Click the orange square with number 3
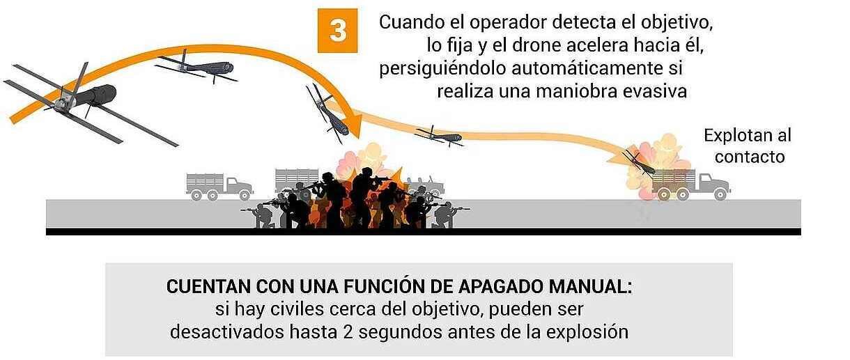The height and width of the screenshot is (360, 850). pyautogui.click(x=337, y=31)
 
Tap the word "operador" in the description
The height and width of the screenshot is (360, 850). pyautogui.click(x=507, y=22)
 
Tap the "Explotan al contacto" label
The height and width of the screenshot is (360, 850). pyautogui.click(x=748, y=146)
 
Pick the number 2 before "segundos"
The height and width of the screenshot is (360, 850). pyautogui.click(x=348, y=332)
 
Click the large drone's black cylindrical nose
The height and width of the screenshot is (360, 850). pyautogui.click(x=102, y=93)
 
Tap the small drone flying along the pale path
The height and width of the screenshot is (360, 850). pyautogui.click(x=440, y=136)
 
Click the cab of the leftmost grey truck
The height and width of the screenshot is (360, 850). pyautogui.click(x=238, y=186)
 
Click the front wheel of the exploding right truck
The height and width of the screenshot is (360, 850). pyautogui.click(x=720, y=195)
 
